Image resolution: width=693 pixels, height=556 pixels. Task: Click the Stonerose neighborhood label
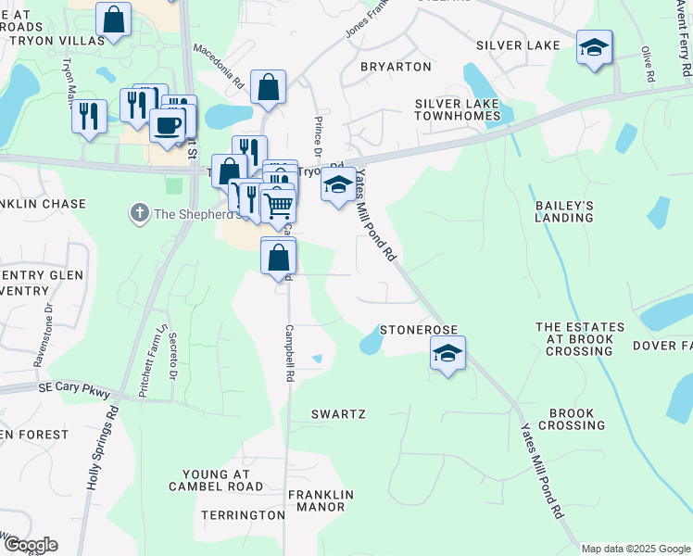(x=420, y=331)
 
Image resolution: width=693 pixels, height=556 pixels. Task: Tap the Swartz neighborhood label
(x=338, y=414)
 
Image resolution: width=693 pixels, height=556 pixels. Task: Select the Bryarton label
(x=396, y=67)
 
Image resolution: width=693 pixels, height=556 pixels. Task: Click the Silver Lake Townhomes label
(x=458, y=109)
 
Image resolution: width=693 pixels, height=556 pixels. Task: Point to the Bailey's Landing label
(x=564, y=210)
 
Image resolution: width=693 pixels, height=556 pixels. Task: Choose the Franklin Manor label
(x=316, y=500)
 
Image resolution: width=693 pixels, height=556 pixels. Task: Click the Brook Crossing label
(x=577, y=419)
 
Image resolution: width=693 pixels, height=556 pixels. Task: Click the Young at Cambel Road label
(x=217, y=479)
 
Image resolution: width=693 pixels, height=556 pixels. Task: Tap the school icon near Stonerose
(x=447, y=353)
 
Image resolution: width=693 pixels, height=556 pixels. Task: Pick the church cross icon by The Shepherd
(x=140, y=214)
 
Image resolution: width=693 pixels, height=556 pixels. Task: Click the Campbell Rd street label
(x=290, y=354)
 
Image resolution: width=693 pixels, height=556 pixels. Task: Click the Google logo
(x=30, y=545)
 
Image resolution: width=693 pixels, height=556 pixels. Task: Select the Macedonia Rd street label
(x=219, y=65)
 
